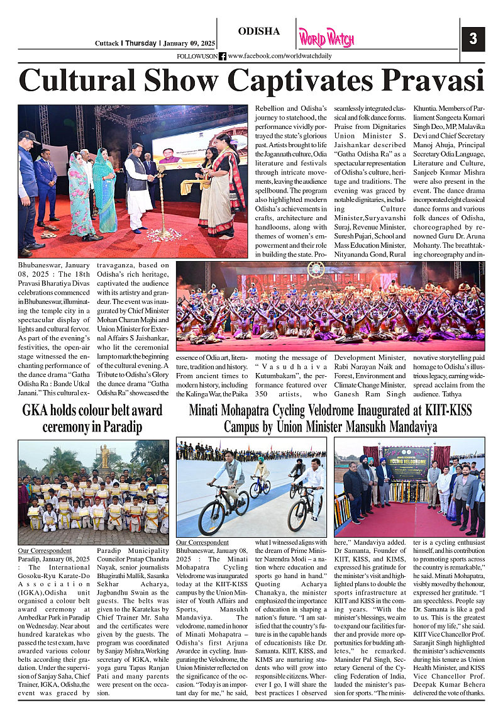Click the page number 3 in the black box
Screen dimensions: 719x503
[x=473, y=39]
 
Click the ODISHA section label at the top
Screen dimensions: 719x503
[x=259, y=31]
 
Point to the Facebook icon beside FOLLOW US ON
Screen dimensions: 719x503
[x=223, y=56]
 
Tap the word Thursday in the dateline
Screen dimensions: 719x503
[x=142, y=43]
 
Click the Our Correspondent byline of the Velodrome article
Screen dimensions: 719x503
[x=202, y=542]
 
